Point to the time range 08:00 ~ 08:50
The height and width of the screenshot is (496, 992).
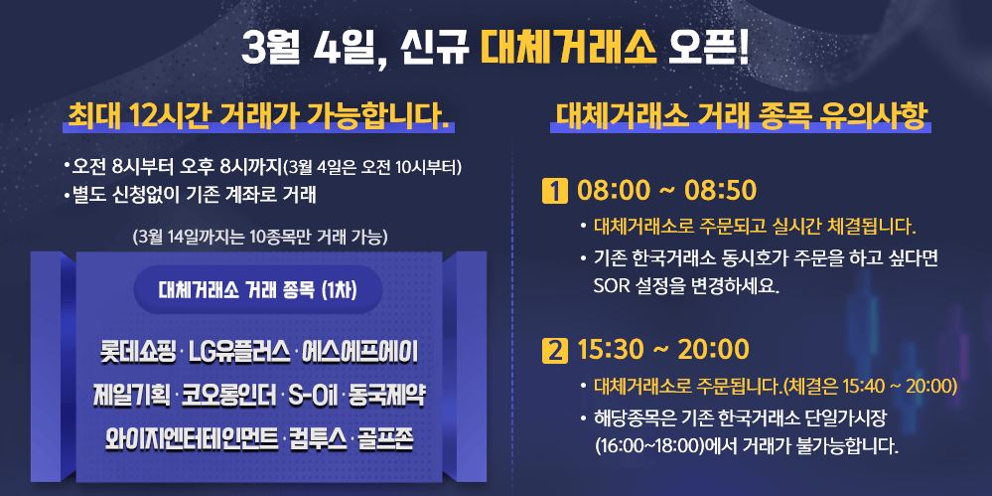click(x=667, y=190)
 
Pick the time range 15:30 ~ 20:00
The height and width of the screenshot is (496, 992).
click(x=662, y=351)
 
